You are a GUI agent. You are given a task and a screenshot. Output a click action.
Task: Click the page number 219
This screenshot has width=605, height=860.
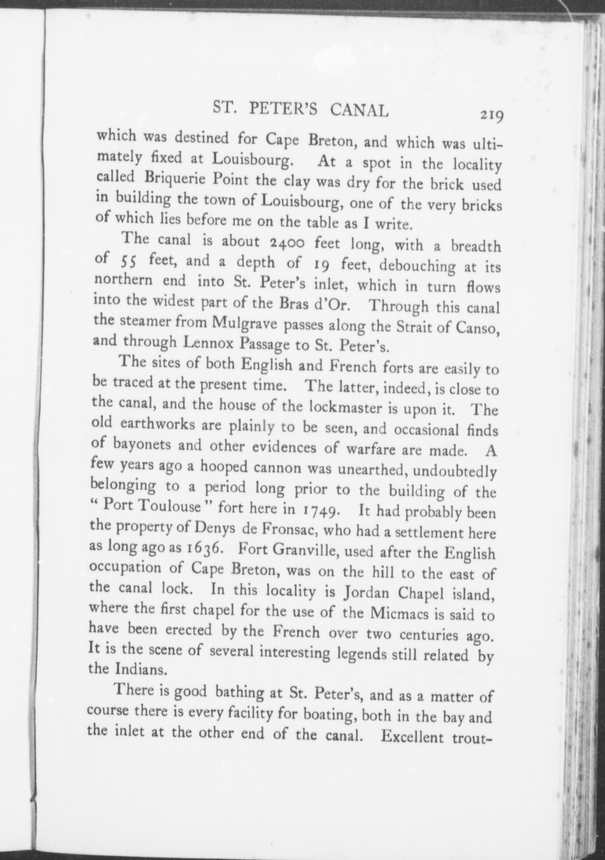point(492,116)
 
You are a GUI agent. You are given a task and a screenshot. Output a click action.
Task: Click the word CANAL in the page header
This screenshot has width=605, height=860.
point(359,111)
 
